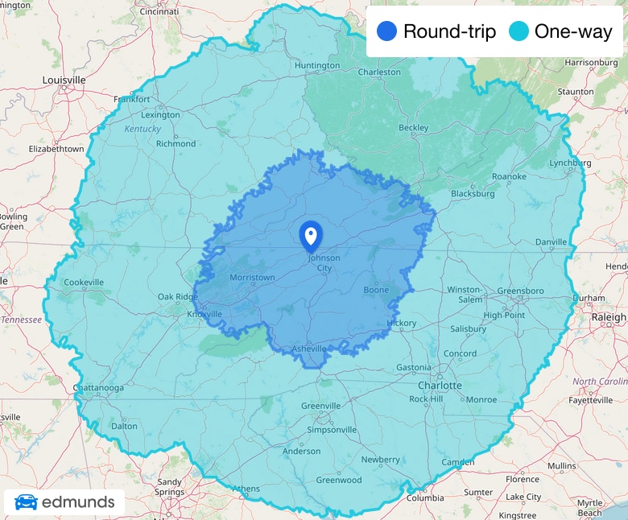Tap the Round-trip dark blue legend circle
(387, 32)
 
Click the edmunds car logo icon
(26, 502)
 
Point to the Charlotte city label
(440, 386)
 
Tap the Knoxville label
(204, 314)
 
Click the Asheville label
(308, 349)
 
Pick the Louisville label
(64, 80)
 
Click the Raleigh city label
(608, 317)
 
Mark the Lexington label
(160, 115)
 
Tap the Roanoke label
(509, 176)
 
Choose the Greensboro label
(520, 291)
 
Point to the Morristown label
(252, 277)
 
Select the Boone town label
(376, 290)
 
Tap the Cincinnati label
(159, 12)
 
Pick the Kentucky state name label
(143, 129)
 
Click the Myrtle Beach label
(589, 508)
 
